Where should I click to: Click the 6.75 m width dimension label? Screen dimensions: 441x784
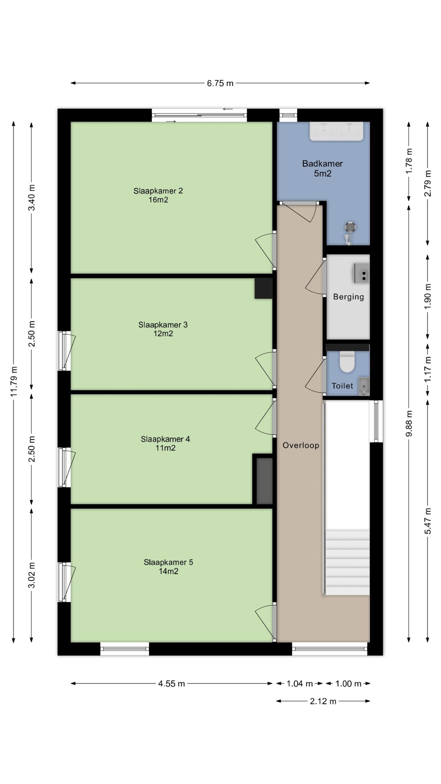point(220,83)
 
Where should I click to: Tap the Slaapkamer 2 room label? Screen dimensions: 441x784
point(158,191)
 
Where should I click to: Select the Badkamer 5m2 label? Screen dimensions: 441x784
point(322,168)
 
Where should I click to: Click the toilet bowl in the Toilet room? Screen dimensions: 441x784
point(347,362)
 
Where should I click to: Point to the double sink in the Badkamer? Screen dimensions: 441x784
point(337,131)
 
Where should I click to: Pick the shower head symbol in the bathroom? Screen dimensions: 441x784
point(349,227)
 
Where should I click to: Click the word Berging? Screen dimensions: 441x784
point(349,297)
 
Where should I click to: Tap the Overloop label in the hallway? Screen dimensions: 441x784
point(301,445)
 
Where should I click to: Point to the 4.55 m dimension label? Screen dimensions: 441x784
point(171,684)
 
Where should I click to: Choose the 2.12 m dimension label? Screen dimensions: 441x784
point(323,701)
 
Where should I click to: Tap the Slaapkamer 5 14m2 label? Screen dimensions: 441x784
point(168,567)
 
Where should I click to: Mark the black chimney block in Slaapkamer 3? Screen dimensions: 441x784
point(263,288)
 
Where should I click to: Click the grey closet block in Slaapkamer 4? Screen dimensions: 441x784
point(264,481)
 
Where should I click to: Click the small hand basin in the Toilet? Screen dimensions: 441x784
point(364,386)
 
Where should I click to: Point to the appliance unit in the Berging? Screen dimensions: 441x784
point(362,273)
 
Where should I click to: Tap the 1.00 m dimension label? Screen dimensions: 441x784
point(348,684)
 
